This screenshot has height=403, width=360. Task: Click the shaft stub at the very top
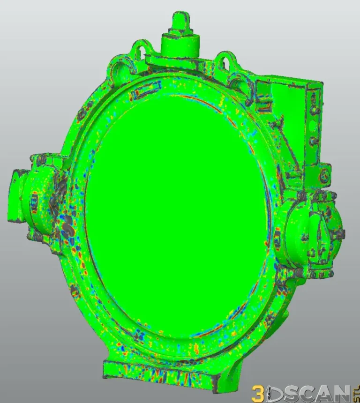179,21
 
